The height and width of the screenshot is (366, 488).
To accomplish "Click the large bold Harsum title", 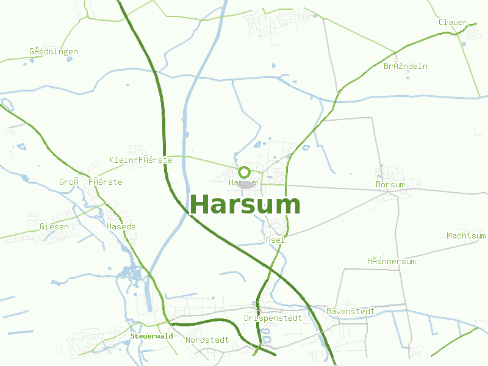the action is [245, 205].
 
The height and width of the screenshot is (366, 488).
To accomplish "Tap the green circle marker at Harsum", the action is [244, 172].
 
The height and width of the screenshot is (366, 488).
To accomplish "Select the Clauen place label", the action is [453, 23].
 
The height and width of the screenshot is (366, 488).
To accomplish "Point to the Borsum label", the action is [390, 184].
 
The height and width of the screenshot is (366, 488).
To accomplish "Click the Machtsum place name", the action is [466, 235].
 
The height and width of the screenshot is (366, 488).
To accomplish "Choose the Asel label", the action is [275, 240].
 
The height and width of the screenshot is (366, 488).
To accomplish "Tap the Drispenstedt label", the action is [273, 318].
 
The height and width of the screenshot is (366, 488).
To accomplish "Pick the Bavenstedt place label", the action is [351, 311].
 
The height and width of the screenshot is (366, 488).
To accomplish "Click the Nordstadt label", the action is [207, 340].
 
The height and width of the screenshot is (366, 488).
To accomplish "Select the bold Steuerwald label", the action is [152, 336].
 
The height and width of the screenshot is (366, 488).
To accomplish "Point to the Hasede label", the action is [121, 227].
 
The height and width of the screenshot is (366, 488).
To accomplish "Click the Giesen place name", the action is [54, 226].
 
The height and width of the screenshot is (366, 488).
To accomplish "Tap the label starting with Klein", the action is [140, 160].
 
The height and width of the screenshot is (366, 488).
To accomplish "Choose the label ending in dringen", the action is [54, 51].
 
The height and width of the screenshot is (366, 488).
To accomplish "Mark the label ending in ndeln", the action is [406, 66].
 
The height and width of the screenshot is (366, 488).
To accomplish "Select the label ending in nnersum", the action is [391, 261].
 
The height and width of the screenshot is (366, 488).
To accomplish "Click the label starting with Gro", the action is [90, 182].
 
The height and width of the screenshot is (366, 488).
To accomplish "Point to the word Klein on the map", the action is [121, 160].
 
